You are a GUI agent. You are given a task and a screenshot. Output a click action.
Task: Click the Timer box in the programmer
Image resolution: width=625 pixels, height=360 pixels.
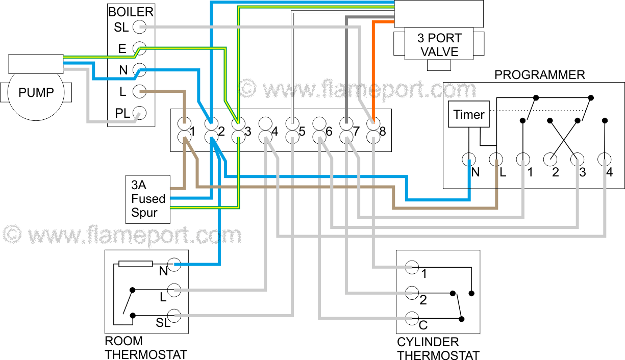pyautogui.click(x=468, y=115)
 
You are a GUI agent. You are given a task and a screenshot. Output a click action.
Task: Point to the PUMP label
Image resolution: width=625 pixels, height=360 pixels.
pyautogui.click(x=36, y=93)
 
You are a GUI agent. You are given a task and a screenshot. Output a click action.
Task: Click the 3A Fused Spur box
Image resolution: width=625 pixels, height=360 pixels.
pyautogui.click(x=148, y=199)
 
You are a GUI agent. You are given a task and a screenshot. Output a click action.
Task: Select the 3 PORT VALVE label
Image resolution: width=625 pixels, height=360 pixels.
pyautogui.click(x=439, y=45)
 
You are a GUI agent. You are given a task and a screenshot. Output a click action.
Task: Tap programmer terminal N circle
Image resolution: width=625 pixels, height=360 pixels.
pyautogui.click(x=468, y=160)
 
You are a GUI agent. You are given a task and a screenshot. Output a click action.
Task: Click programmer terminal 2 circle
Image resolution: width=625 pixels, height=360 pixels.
pyautogui.click(x=550, y=160)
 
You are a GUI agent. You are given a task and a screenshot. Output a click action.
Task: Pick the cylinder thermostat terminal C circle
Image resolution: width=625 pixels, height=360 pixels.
pyautogui.click(x=412, y=318)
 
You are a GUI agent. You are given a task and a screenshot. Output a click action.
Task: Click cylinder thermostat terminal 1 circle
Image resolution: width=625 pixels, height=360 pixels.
pyautogui.click(x=412, y=267)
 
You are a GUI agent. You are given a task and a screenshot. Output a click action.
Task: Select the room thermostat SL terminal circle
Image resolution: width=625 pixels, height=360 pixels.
pyautogui.click(x=174, y=315)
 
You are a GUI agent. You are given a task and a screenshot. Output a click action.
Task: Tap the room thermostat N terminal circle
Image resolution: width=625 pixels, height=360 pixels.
pyautogui.click(x=174, y=264)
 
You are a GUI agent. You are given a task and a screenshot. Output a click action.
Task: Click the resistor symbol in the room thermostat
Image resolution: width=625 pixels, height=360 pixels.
pyautogui.click(x=135, y=264)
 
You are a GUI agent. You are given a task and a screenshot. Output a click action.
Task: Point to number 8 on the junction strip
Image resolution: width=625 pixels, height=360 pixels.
pyautogui.click(x=382, y=132)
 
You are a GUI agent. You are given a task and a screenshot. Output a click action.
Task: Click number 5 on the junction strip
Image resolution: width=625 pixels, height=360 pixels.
pyautogui.click(x=302, y=132)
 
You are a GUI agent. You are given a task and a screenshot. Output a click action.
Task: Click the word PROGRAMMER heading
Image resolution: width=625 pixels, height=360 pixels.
pyautogui.click(x=539, y=75)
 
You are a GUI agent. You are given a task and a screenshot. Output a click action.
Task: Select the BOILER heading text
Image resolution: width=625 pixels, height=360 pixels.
pyautogui.click(x=131, y=12)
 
